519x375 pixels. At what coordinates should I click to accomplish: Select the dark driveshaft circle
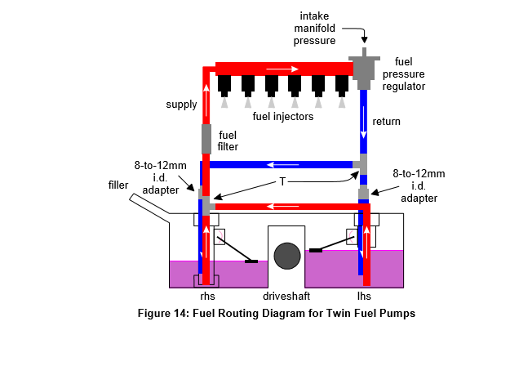(x=286, y=256)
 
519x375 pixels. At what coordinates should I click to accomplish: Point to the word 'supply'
(x=181, y=105)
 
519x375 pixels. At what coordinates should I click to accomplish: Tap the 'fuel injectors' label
(x=282, y=117)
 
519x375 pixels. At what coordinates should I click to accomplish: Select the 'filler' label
(x=119, y=185)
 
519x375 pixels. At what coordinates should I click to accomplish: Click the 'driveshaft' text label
(x=286, y=296)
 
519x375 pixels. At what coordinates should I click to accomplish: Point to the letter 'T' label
(x=282, y=181)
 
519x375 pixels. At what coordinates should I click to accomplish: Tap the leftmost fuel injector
(x=224, y=84)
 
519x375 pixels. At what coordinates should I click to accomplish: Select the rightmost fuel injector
(x=342, y=84)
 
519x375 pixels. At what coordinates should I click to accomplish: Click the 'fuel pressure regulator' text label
(x=409, y=74)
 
